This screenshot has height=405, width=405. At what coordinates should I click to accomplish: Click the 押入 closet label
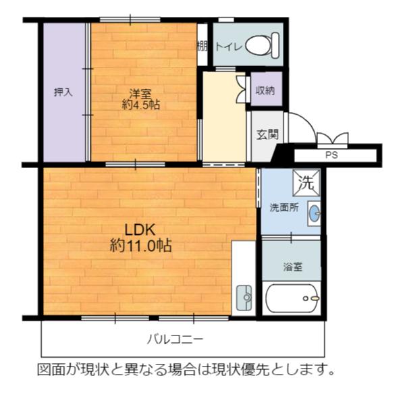(63, 92)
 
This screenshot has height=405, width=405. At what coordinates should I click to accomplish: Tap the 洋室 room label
(140, 92)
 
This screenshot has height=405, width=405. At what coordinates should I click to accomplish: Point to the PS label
(331, 155)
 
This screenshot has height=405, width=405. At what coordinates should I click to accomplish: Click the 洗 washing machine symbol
(306, 181)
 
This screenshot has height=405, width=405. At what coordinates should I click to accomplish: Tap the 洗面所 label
(284, 207)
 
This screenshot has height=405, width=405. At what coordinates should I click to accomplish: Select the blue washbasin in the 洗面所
(314, 213)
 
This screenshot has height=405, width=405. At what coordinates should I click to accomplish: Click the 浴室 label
(292, 266)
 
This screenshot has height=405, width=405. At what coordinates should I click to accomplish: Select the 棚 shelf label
(202, 46)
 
